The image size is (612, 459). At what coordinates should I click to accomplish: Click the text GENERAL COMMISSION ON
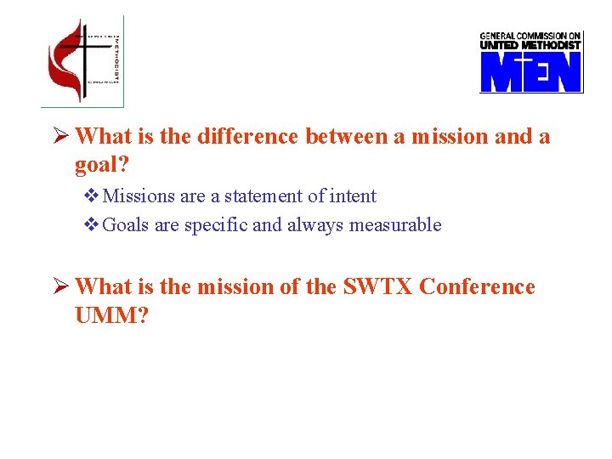tap(530, 36)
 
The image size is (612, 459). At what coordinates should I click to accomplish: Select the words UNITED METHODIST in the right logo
tap(530, 45)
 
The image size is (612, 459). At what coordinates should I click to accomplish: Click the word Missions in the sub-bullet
tap(139, 196)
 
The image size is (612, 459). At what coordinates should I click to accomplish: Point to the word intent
tap(351, 196)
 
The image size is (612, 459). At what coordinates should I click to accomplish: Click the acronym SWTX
tap(378, 287)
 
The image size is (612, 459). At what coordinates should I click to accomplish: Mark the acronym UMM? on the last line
tap(111, 315)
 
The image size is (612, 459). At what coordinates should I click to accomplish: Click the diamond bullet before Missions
tap(92, 196)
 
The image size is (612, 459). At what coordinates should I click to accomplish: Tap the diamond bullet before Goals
tap(92, 225)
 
